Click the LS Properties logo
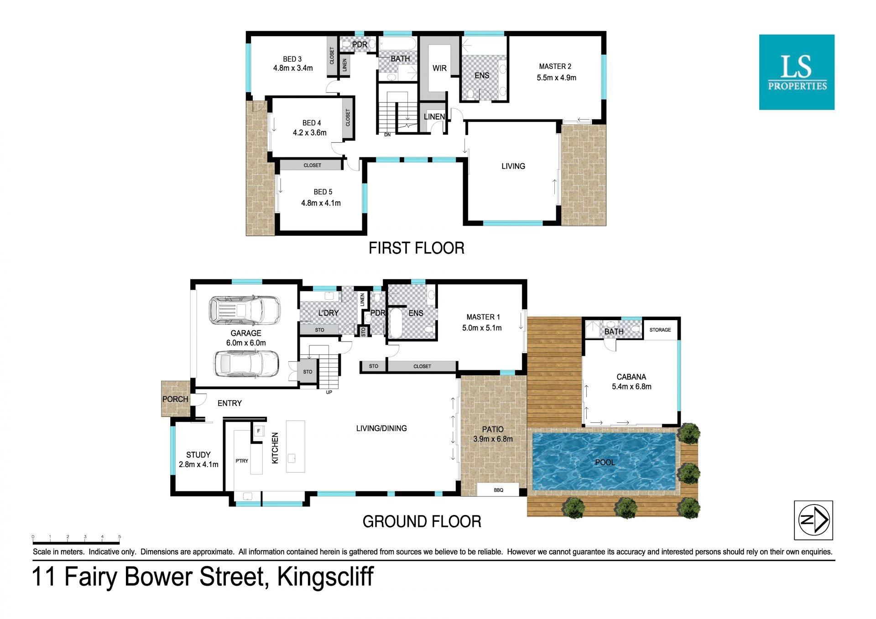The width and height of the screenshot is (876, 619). click(x=797, y=72)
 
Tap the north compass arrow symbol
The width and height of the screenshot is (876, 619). click(x=813, y=520)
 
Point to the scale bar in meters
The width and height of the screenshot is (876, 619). click(x=76, y=542)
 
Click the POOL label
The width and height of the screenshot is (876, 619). click(x=605, y=463)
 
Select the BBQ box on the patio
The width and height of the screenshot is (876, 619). click(x=498, y=490)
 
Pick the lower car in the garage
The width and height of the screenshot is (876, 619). click(x=246, y=364)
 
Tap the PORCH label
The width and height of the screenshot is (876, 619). click(x=175, y=399)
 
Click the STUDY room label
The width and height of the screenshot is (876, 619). click(x=198, y=455)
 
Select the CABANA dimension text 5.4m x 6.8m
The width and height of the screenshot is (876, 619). click(x=631, y=386)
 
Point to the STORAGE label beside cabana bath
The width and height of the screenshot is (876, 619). click(x=660, y=330)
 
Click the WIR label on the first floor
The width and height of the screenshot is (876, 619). click(x=439, y=68)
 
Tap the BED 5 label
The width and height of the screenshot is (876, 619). click(x=323, y=192)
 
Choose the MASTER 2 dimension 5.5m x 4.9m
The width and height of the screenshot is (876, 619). click(x=557, y=78)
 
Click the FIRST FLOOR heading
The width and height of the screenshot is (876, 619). click(x=417, y=248)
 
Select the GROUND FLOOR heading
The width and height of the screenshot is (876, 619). click(x=422, y=521)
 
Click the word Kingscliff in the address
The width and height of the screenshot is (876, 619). click(x=326, y=577)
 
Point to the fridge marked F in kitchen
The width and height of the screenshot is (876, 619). click(x=259, y=431)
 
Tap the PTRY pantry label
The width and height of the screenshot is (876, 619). click(x=242, y=461)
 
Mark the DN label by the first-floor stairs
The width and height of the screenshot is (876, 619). click(x=387, y=135)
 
